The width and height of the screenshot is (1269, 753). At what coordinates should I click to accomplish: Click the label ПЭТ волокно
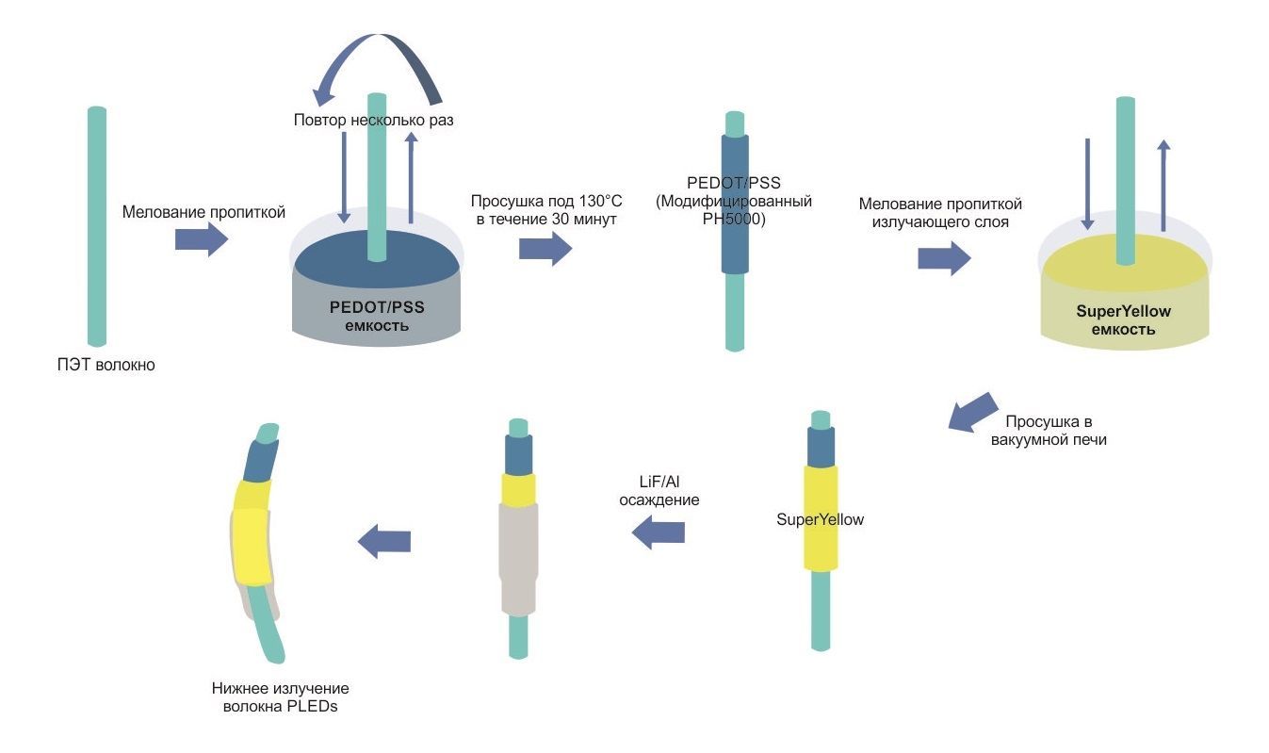click(106, 365)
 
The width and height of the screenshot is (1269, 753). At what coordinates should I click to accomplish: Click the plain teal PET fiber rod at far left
click(97, 226)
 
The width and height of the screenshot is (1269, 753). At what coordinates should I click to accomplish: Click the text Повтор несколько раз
click(373, 121)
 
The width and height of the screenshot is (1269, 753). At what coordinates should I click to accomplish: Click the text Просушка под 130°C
click(546, 202)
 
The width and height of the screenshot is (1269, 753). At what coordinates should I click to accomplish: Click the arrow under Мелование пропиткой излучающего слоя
click(944, 257)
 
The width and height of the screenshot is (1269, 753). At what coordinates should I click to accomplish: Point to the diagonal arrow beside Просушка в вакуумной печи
click(972, 413)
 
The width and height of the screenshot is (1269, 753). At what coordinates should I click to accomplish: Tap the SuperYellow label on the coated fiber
click(820, 519)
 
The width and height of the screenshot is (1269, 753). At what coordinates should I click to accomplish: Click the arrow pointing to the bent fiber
click(384, 541)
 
